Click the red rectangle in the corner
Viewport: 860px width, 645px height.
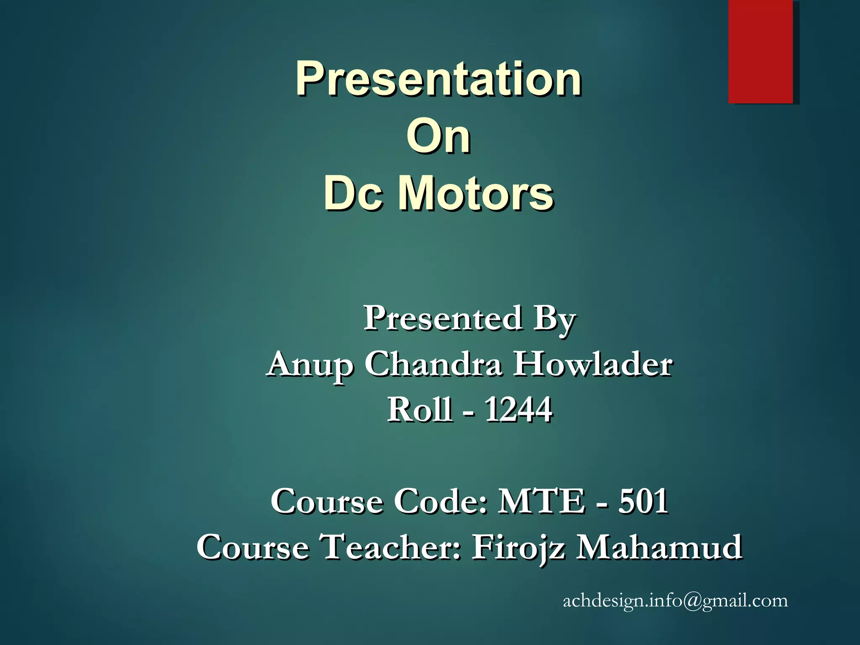click(x=760, y=51)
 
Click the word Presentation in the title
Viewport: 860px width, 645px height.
click(x=438, y=79)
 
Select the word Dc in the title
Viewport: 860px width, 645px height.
click(x=353, y=193)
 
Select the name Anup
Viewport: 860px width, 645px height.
click(x=310, y=364)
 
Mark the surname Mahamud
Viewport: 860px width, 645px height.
click(x=659, y=547)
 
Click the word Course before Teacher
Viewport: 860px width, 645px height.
click(x=253, y=547)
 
